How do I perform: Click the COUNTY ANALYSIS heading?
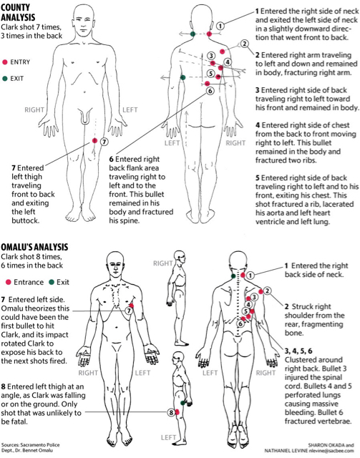(18, 12)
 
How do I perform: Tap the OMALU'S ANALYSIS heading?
(34, 247)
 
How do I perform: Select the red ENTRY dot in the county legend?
(5, 62)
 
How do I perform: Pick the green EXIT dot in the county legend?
(5, 78)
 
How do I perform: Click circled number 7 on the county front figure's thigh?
(104, 142)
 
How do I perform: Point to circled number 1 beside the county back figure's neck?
(220, 26)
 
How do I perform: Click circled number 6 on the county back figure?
(210, 91)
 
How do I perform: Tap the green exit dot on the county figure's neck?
(193, 34)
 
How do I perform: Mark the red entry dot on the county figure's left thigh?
(94, 141)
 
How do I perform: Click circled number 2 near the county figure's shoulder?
(244, 44)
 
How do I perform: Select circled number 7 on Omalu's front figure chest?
(129, 311)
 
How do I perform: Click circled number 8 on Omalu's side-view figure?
(171, 412)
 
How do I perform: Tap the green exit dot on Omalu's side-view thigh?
(183, 403)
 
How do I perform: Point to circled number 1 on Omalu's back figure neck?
(250, 275)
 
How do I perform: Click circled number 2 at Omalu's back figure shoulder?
(267, 291)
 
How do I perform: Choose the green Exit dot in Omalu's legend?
(52, 282)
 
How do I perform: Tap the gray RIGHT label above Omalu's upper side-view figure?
(162, 263)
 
